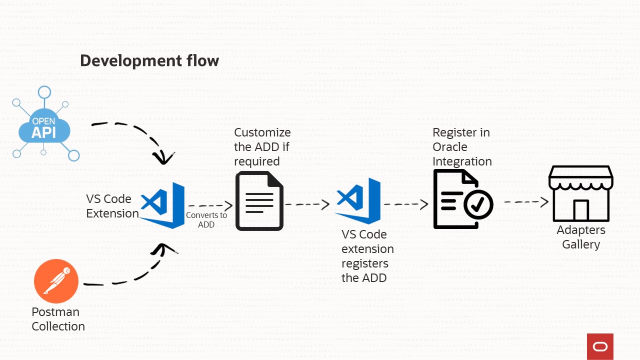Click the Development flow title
pos(149,60)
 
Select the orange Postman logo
pos(56,281)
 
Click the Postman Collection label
pos(58,319)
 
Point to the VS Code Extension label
pos(112,206)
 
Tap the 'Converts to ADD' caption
pos(206,220)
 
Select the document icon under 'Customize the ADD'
pos(259,200)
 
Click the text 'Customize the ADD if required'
pos(262,147)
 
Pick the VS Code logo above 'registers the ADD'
pos(358,200)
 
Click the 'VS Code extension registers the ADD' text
pos(367,256)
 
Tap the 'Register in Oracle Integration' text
pos(462,147)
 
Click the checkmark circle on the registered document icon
pos(478,204)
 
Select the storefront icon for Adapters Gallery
pos(580,193)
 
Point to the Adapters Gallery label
pos(581,237)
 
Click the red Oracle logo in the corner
pos(600,346)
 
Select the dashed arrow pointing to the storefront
pos(526,202)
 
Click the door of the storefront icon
pos(580,210)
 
